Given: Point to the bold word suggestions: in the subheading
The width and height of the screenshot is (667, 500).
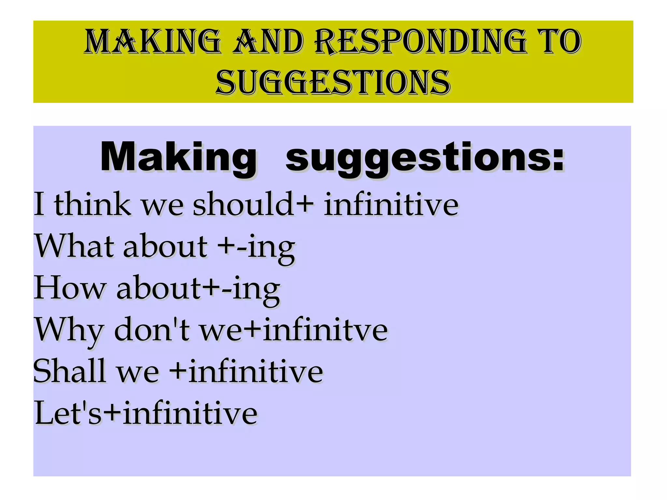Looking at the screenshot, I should (425, 158).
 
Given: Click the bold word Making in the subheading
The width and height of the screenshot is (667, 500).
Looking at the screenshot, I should (178, 158).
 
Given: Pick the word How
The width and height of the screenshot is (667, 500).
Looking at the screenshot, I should (70, 288).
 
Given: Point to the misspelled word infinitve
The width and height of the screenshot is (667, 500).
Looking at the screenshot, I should (325, 330).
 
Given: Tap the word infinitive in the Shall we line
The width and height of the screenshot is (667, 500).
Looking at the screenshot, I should (256, 371).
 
